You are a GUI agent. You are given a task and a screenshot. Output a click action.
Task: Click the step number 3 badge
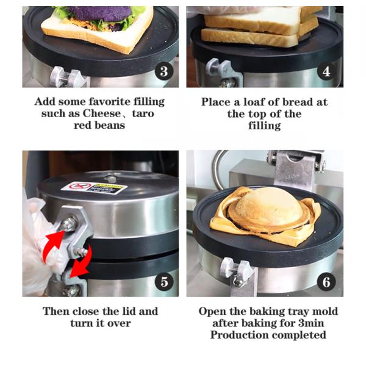(x=164, y=71)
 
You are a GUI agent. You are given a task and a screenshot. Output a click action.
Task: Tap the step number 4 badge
(x=326, y=71)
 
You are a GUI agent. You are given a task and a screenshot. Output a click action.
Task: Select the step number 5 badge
(x=164, y=281)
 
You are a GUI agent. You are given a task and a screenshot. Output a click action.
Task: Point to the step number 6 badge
(x=326, y=281)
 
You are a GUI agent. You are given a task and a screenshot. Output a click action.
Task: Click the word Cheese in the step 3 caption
(x=101, y=113)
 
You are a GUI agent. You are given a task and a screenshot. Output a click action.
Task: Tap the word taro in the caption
(x=143, y=113)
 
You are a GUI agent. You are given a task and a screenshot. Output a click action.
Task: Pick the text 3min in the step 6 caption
(x=311, y=323)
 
